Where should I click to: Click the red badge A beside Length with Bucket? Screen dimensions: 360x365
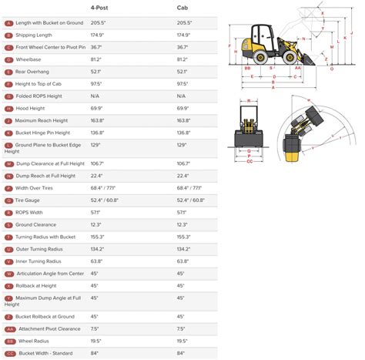8,23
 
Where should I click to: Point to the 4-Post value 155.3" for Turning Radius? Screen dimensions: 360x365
99,237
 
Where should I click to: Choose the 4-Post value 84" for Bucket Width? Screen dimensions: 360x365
95,354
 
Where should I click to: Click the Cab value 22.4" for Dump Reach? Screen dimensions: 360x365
183,175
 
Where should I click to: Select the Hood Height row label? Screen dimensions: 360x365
31,108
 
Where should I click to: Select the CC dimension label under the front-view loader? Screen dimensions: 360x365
249,162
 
